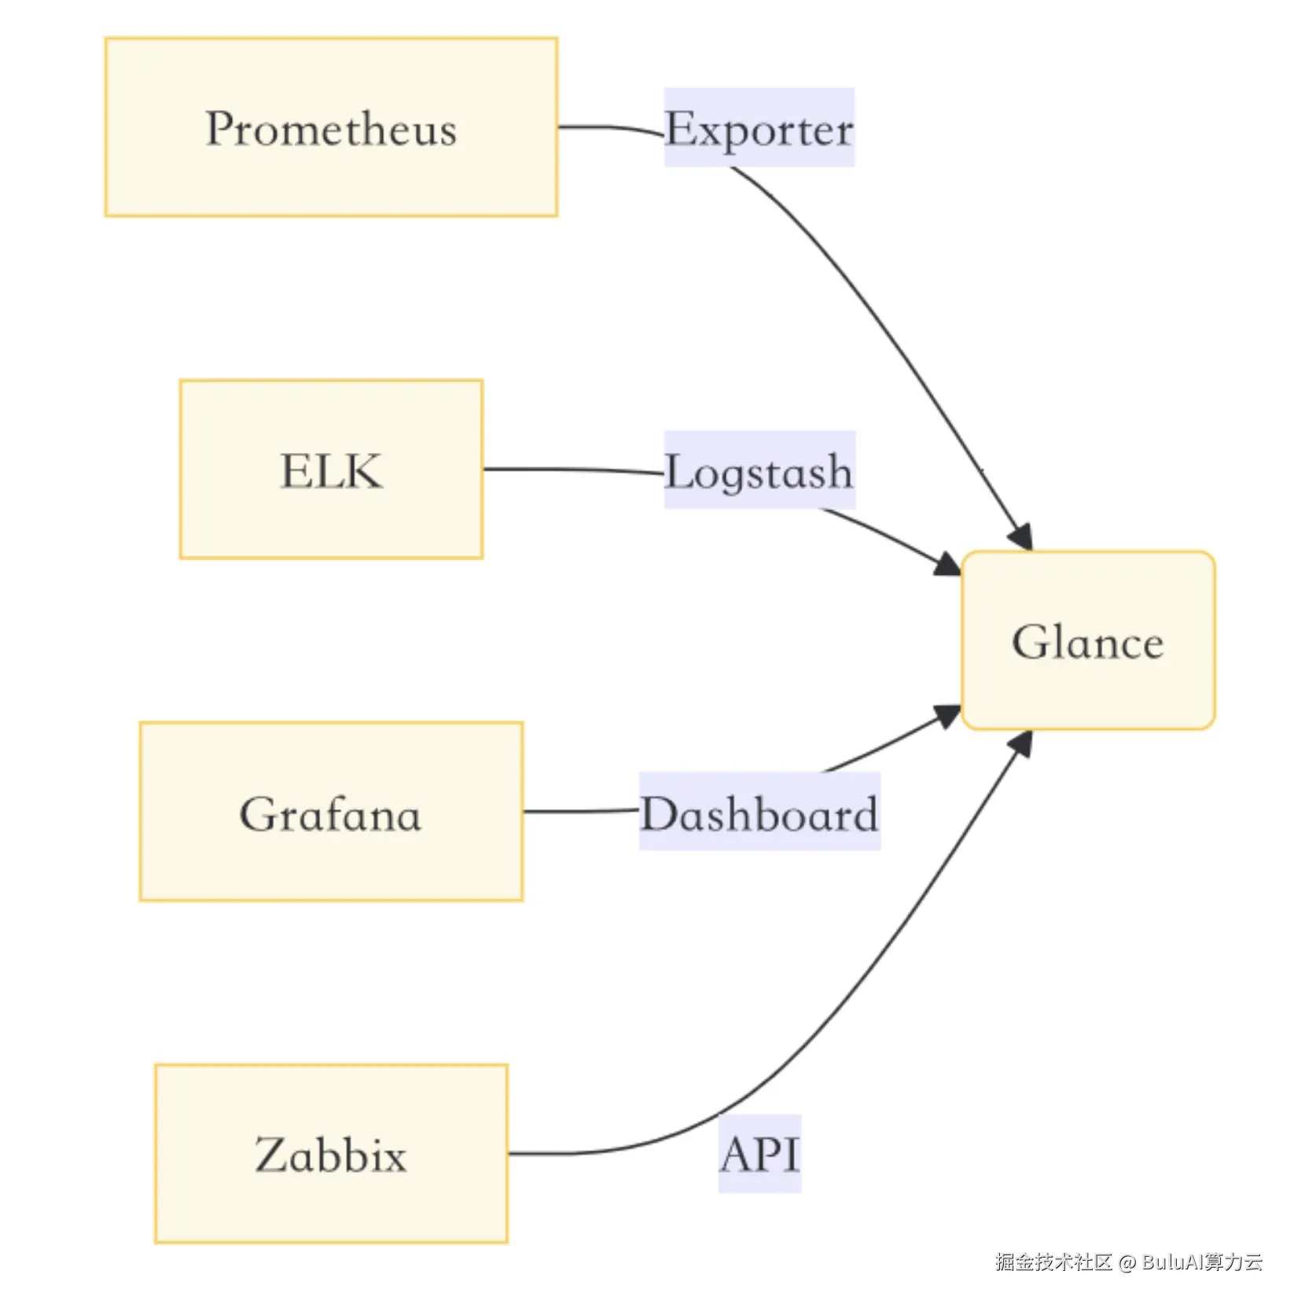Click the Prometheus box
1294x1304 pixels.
pyautogui.click(x=331, y=127)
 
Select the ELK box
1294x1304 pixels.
pyautogui.click(x=331, y=470)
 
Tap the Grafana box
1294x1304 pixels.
pyautogui.click(x=331, y=812)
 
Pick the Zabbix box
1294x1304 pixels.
pyautogui.click(x=331, y=1154)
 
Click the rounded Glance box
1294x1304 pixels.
pyautogui.click(x=1088, y=641)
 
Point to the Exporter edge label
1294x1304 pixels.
pyautogui.click(x=759, y=127)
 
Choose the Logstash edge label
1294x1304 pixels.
pyautogui.click(x=759, y=470)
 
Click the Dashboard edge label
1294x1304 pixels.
pyautogui.click(x=759, y=812)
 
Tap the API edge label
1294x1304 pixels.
pyautogui.click(x=759, y=1154)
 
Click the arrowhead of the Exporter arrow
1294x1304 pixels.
pyautogui.click(x=1022, y=538)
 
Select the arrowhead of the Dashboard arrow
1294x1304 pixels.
pyautogui.click(x=948, y=715)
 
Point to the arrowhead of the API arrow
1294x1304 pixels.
pyautogui.click(x=1022, y=742)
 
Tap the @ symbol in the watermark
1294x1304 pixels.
pyautogui.click(x=1127, y=1262)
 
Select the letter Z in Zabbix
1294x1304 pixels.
pyautogui.click(x=272, y=1155)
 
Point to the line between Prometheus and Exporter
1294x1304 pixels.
pyautogui.click(x=609, y=127)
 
